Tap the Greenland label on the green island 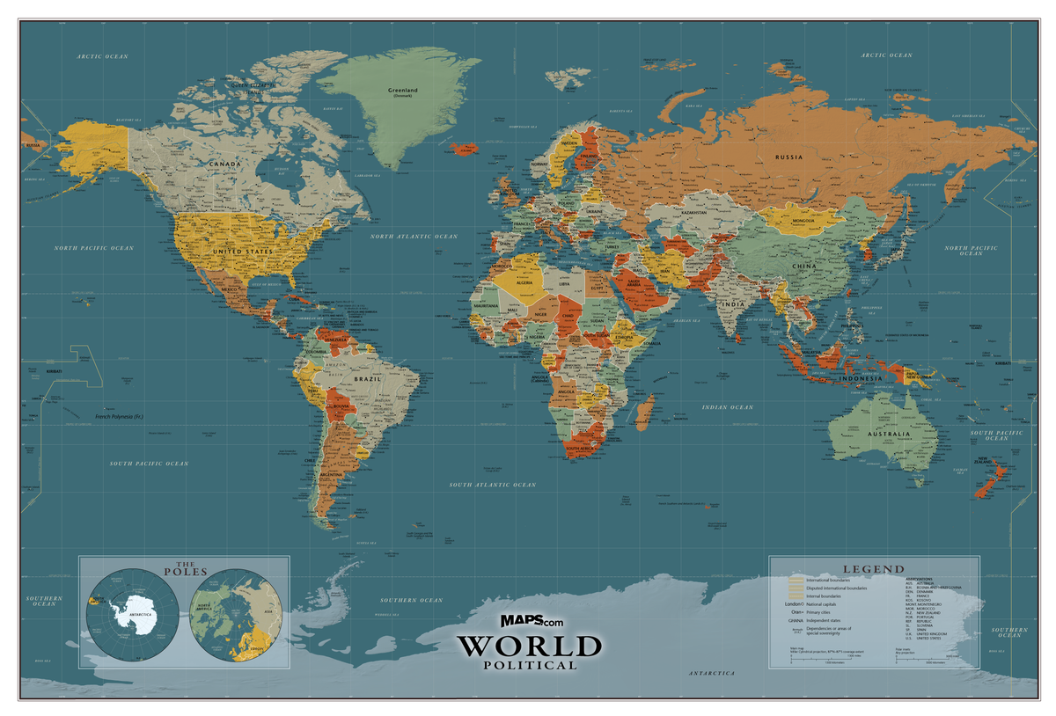click(403, 90)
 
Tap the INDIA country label click(732, 304)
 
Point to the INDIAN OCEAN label click(727, 407)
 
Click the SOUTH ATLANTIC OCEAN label click(492, 485)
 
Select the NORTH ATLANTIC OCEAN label click(414, 237)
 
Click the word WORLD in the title click(528, 647)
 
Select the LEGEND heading click(873, 569)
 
